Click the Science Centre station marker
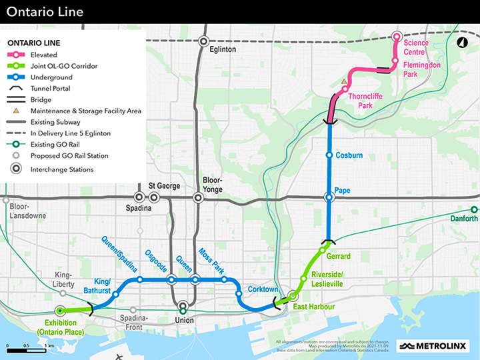(397, 37)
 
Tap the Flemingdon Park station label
(421, 70)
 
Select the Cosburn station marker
(329, 155)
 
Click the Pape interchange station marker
(329, 197)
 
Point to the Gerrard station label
(339, 257)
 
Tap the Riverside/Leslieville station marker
(304, 278)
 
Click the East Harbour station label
(314, 307)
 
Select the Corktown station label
(262, 290)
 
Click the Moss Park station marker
(225, 279)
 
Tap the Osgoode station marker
(171, 279)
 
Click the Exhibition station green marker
(60, 311)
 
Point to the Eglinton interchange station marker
(204, 41)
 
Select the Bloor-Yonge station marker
(198, 197)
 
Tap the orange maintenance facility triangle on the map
(344, 82)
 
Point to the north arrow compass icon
(461, 43)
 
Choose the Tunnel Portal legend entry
(50, 88)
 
